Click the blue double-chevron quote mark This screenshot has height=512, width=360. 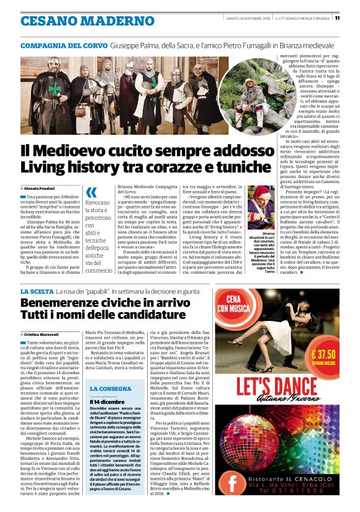click(x=91, y=192)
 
